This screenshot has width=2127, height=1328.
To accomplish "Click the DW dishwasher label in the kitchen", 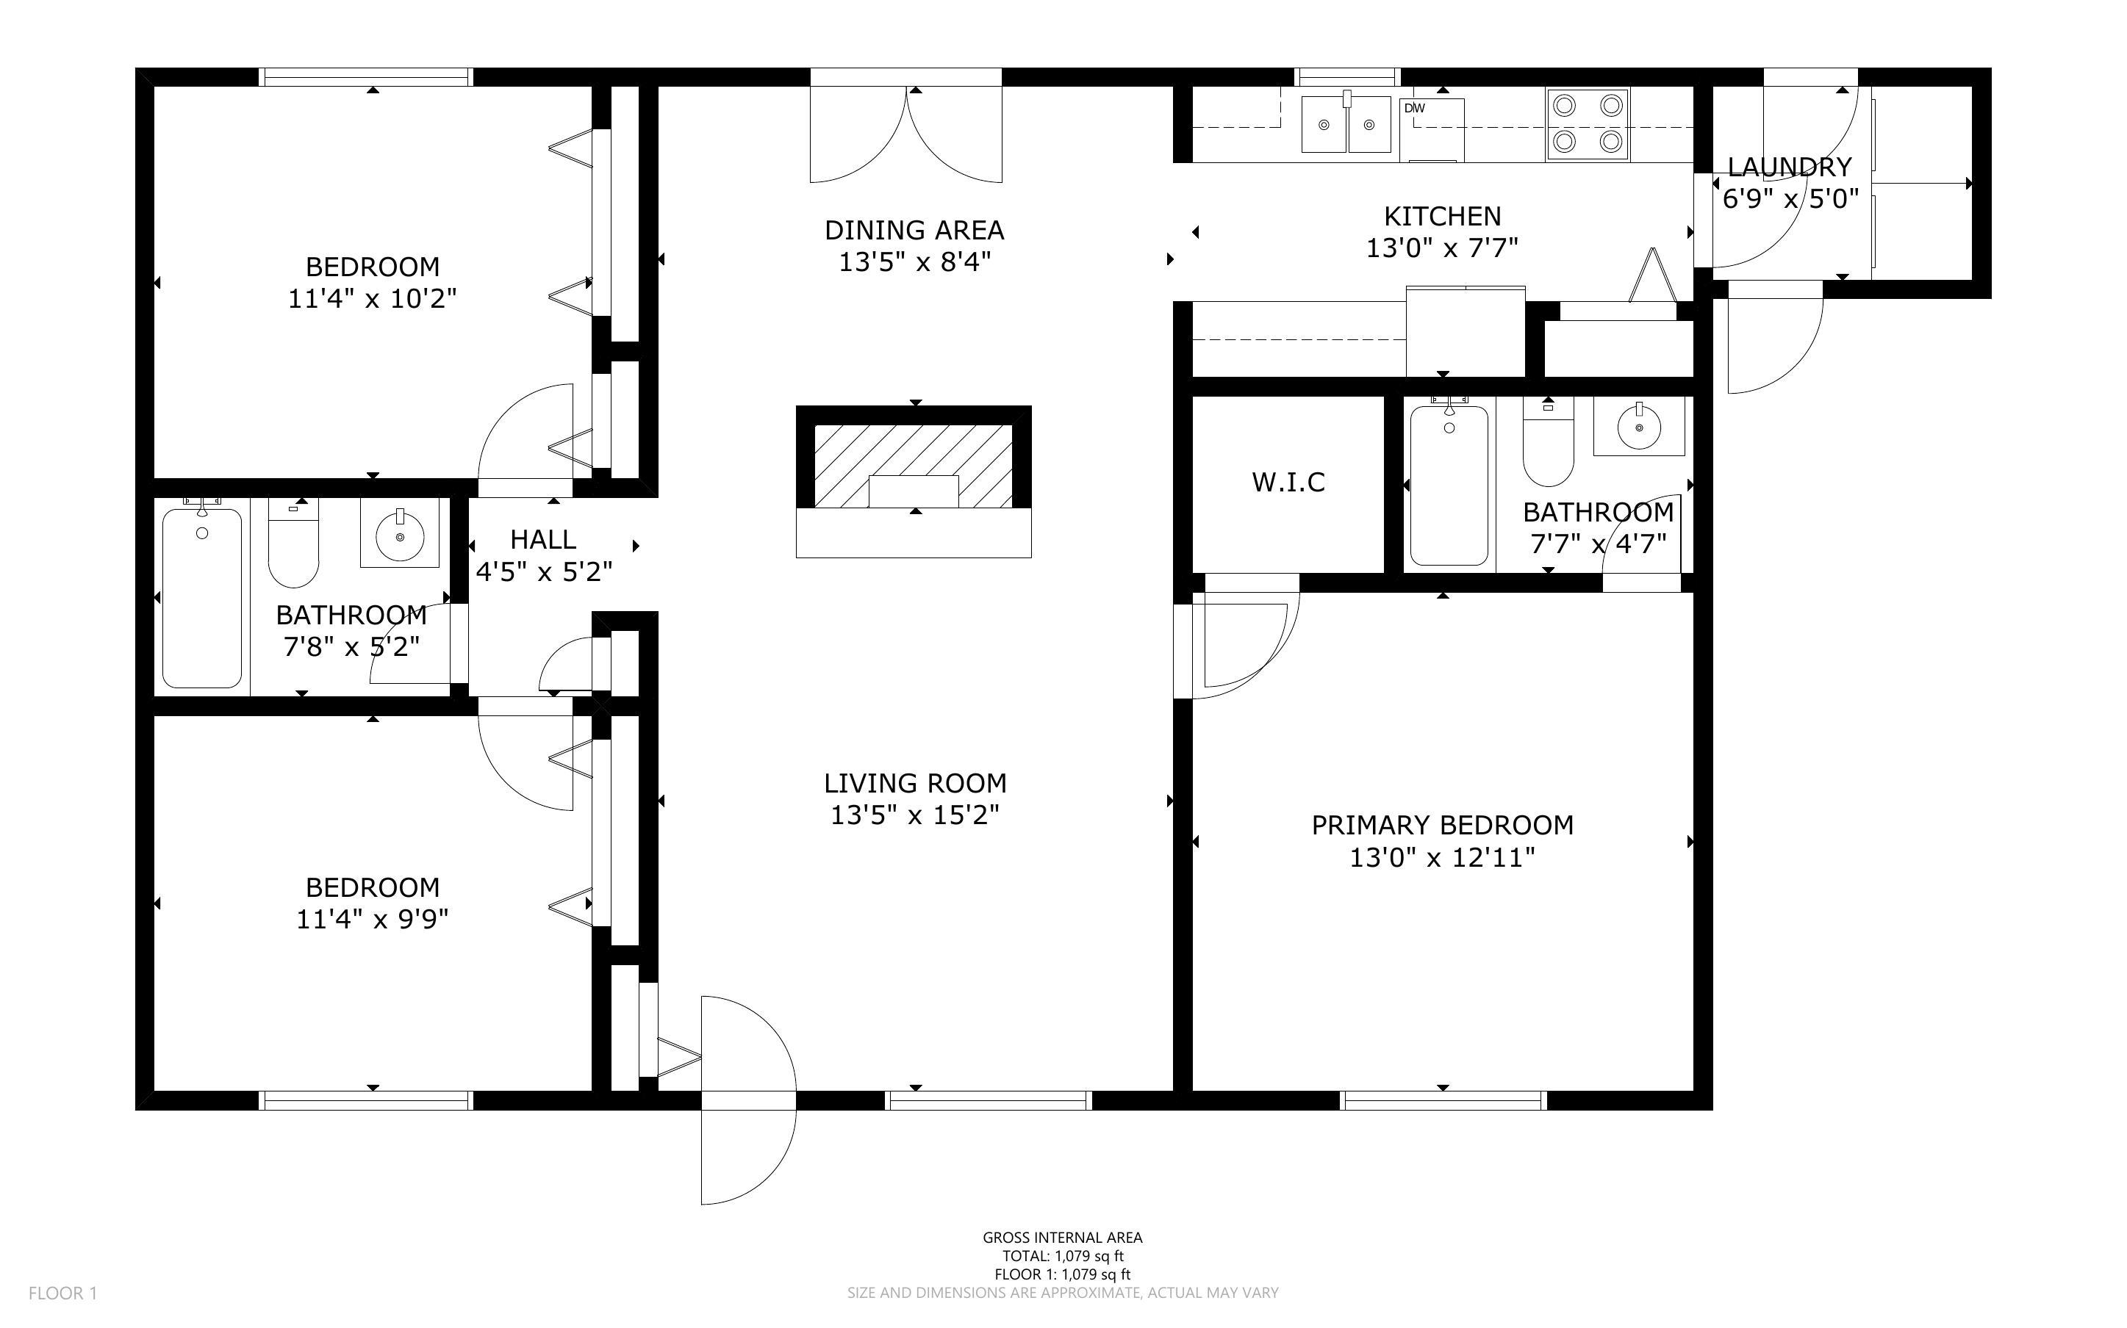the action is pos(1415,108).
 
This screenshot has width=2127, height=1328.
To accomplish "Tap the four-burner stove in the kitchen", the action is pos(1588,124).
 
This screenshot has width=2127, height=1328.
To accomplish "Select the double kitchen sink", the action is pos(1346,124).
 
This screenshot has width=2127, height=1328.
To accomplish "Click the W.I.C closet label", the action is pos(1288,482).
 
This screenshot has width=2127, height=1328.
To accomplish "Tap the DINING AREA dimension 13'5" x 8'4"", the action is pos(914,261).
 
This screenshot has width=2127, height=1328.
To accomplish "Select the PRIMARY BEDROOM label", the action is pos(1443,825).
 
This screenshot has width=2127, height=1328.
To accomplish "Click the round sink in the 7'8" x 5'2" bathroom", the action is pos(400,533).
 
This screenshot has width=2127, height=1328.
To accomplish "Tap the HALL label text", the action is pos(544,538).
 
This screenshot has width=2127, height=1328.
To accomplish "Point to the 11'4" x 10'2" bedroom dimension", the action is pos(373,299).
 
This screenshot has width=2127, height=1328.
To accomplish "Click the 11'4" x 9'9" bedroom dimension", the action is pos(373,919).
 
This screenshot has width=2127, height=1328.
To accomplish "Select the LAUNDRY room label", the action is pos(1790,167).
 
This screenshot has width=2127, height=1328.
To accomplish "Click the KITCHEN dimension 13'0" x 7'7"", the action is pos(1442,248).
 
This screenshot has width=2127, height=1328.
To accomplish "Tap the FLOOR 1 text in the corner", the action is pos(63,1293).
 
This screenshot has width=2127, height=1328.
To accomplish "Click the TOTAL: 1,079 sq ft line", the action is pos(1063,1256).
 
